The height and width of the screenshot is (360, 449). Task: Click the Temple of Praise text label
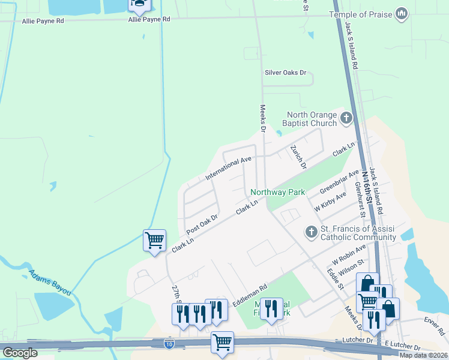coord(360,14)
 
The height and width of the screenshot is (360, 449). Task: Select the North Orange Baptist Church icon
coord(346,119)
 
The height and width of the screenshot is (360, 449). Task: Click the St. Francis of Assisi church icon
coord(311,232)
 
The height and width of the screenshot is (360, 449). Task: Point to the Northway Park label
coord(278,193)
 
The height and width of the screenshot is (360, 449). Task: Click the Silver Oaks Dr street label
coord(286,73)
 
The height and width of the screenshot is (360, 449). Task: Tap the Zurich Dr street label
coord(298,157)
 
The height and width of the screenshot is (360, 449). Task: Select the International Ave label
coord(228,169)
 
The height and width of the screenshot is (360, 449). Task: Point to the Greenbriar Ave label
coord(339,182)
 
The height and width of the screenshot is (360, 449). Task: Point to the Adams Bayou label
coord(50,281)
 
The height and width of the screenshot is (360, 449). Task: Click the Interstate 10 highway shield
coord(170,343)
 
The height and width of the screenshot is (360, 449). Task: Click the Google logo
coord(20,353)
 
